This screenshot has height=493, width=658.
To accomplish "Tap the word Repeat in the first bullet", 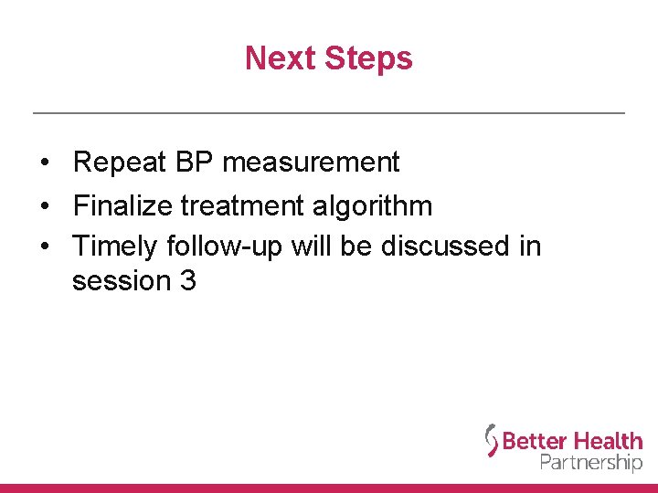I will [120, 163].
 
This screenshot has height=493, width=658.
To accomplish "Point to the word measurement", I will [311, 163].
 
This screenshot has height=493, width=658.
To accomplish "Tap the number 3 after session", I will [188, 281].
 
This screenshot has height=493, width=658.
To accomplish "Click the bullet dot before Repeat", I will [45, 163].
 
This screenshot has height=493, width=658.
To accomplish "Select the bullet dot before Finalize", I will [45, 206].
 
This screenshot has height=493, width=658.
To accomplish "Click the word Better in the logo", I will [535, 442].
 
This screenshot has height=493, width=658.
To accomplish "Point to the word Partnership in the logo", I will [591, 462].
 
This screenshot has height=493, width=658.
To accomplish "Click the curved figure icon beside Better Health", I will [492, 441].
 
